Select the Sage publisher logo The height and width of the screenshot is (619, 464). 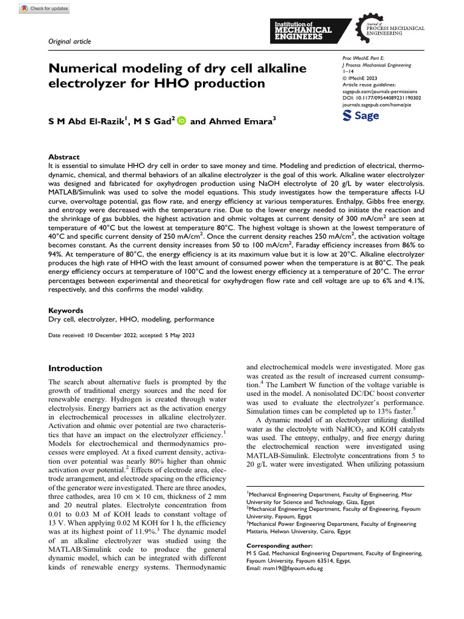361,115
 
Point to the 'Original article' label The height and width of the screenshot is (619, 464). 69,41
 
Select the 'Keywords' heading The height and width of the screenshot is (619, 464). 65,310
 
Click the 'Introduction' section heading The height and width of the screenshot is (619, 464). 75,368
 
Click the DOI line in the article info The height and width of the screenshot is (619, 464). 381,97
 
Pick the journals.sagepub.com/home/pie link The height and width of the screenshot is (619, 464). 378,104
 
